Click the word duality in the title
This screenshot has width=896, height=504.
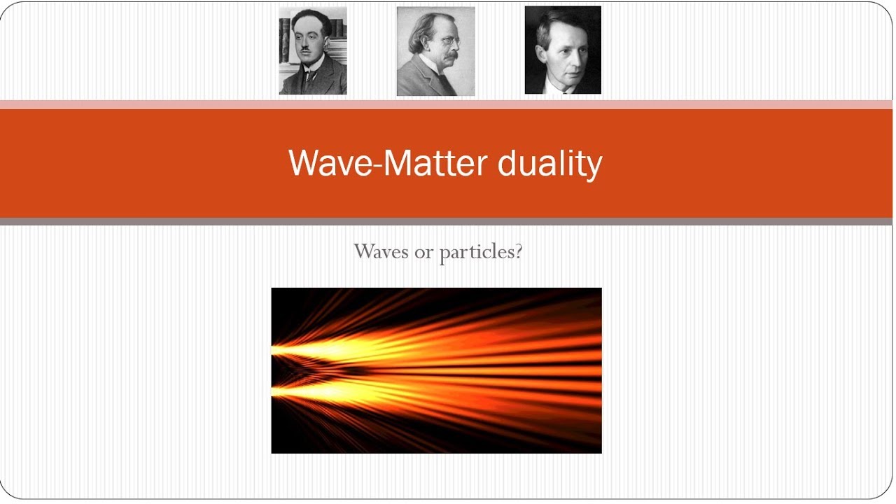tap(549, 163)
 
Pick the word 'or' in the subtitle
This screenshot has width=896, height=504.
tap(423, 252)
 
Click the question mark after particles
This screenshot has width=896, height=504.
tap(518, 251)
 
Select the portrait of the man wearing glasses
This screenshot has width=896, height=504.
tap(435, 51)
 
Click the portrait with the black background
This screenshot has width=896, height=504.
tap(563, 50)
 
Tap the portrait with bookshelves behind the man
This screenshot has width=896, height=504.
tap(313, 51)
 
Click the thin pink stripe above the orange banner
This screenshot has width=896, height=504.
tap(448, 104)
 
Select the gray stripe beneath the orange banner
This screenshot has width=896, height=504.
tap(448, 221)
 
